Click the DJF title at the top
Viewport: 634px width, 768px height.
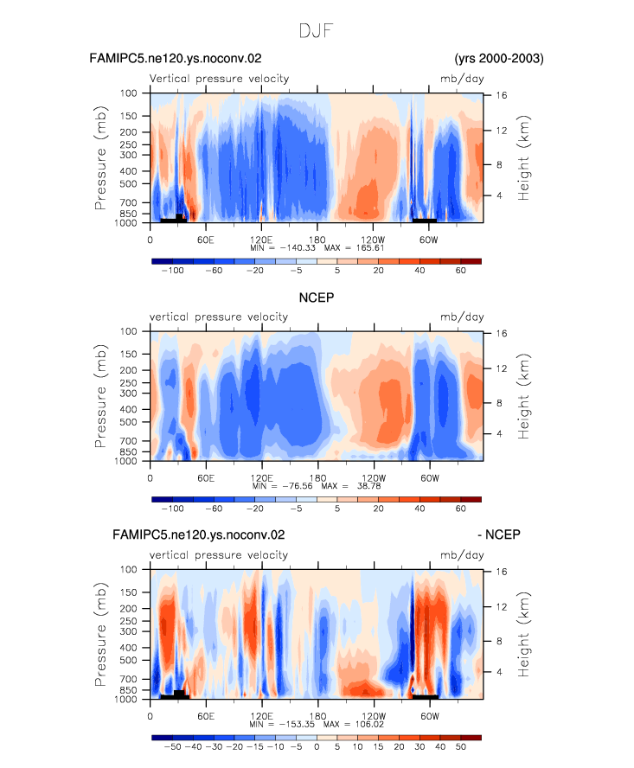(x=316, y=31)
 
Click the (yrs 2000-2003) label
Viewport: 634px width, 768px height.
(x=499, y=58)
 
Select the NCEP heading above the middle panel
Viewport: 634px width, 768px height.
(x=317, y=298)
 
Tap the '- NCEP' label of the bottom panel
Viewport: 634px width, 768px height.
(x=499, y=534)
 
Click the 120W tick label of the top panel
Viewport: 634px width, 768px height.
(x=373, y=240)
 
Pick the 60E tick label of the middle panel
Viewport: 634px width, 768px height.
(x=206, y=478)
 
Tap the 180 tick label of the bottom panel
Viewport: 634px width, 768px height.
(x=317, y=716)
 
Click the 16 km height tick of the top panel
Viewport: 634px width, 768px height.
(x=501, y=95)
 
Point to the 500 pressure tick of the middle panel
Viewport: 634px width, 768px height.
(x=128, y=422)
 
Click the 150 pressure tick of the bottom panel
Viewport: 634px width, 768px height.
(x=128, y=592)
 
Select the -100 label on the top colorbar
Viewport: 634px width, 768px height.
(x=172, y=271)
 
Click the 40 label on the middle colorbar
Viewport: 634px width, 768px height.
(x=419, y=509)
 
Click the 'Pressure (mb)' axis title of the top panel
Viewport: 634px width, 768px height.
(x=100, y=157)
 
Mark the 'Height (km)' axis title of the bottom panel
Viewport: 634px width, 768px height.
(x=523, y=634)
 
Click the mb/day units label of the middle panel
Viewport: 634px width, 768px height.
(x=462, y=317)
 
